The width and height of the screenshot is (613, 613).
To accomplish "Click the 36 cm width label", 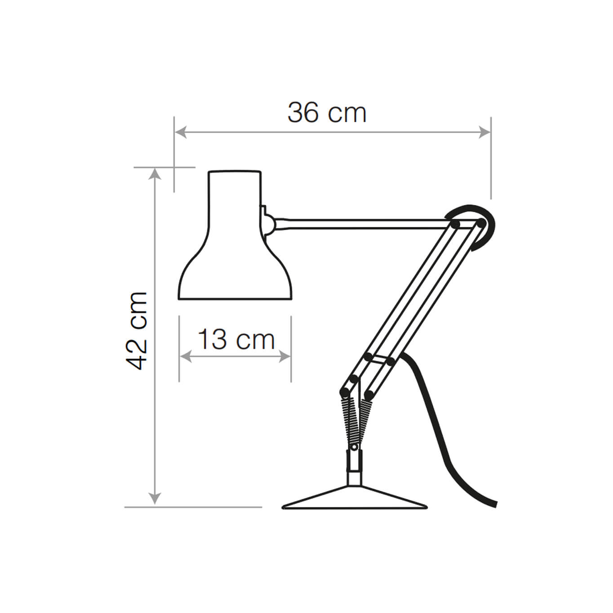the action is [x=327, y=113].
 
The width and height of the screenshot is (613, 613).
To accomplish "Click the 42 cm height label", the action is [x=137, y=330].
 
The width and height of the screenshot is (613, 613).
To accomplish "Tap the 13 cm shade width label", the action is [x=236, y=339].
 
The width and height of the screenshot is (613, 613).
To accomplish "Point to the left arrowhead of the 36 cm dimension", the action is [x=180, y=132].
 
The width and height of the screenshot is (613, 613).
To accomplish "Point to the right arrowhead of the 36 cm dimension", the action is [x=485, y=132].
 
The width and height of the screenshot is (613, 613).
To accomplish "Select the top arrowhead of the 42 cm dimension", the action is [x=155, y=173].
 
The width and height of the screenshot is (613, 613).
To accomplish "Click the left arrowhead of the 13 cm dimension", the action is [x=186, y=356].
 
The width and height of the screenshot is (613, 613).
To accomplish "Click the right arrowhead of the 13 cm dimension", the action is [x=285, y=356].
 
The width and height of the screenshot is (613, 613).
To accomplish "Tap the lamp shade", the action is [x=235, y=235].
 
